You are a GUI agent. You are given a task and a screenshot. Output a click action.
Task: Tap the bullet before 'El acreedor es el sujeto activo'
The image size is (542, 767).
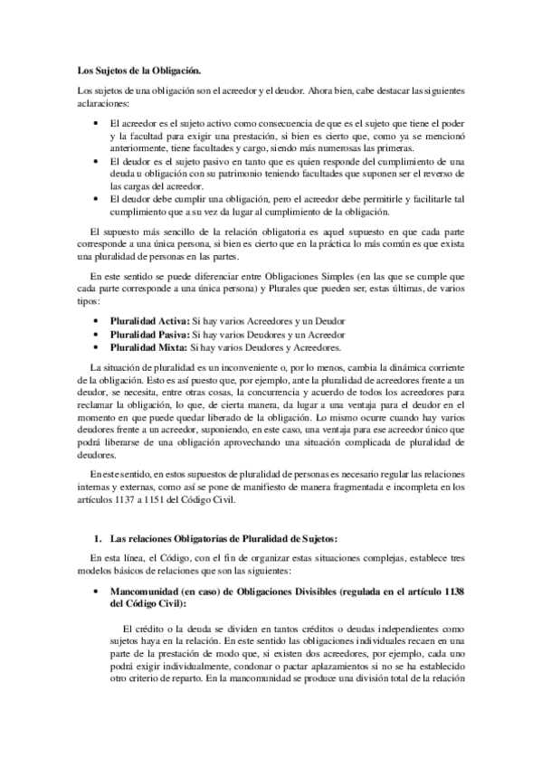(x=99, y=121)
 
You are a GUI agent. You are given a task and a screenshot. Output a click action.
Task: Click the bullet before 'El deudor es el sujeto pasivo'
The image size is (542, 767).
(x=99, y=160)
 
